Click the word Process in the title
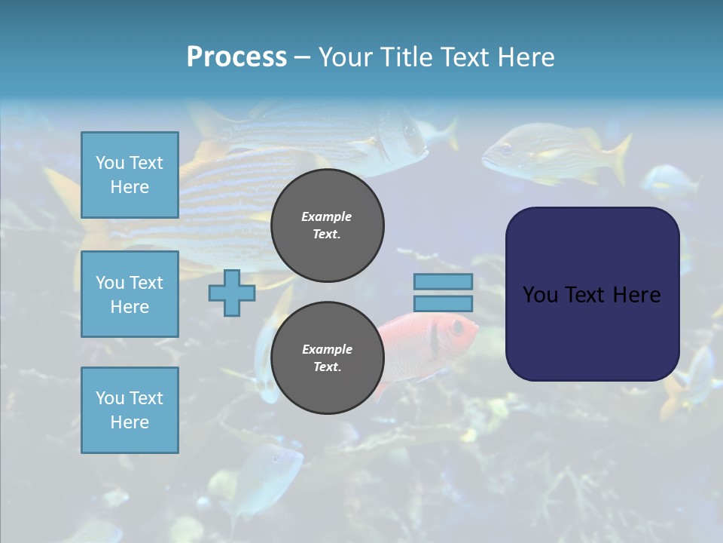[236, 57]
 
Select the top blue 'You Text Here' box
[130, 175]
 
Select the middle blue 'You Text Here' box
[130, 294]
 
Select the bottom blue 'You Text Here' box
[130, 410]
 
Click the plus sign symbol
[232, 293]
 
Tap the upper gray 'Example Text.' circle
[327, 225]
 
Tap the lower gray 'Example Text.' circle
[327, 358]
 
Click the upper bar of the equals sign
[443, 282]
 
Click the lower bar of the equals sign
[443, 304]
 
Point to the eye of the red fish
[457, 327]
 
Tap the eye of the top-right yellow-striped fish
[506, 149]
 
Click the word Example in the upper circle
[327, 216]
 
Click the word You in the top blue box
[110, 163]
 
